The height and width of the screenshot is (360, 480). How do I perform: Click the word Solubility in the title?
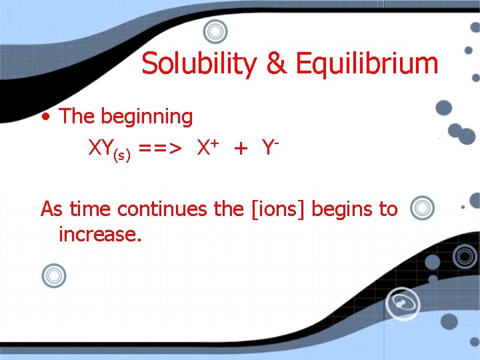point(199,64)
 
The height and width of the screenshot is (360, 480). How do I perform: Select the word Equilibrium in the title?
point(367,64)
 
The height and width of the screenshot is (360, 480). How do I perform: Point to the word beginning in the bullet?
point(147,117)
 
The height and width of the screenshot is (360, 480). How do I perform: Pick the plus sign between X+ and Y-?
point(241,149)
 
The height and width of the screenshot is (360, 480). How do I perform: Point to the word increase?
point(100,235)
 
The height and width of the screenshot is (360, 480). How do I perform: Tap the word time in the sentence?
point(91,209)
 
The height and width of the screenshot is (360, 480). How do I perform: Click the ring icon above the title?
point(215,31)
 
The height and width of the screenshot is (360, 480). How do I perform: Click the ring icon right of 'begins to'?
point(422,208)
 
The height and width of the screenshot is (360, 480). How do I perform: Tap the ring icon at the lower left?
point(54,275)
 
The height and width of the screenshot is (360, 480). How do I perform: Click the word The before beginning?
point(77,117)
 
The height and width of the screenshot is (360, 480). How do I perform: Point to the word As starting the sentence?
point(53,209)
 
